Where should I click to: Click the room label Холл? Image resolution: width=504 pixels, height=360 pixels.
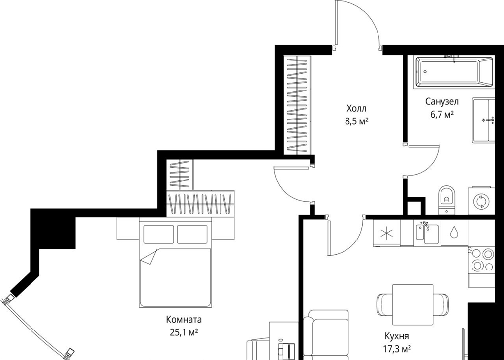click(x=356, y=109)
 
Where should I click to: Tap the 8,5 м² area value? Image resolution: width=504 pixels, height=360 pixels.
click(x=356, y=121)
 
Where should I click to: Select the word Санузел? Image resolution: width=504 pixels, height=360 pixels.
click(x=442, y=101)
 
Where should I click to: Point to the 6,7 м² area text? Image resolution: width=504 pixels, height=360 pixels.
click(x=442, y=114)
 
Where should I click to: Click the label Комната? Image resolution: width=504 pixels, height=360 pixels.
click(x=184, y=320)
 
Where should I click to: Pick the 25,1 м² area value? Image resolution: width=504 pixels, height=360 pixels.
click(x=184, y=332)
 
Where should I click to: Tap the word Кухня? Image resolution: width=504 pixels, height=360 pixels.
click(x=397, y=336)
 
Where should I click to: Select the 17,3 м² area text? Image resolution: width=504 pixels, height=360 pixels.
click(x=397, y=349)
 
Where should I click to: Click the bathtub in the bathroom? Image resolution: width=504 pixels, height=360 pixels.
click(x=454, y=72)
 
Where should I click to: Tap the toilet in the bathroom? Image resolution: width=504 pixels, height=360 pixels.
click(x=447, y=200)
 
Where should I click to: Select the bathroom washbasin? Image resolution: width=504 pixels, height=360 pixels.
click(x=484, y=120)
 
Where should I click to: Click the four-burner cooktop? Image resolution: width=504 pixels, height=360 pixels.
click(x=481, y=260)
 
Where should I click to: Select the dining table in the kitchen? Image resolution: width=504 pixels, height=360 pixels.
click(x=413, y=304)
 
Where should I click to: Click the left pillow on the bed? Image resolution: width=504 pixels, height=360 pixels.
click(x=158, y=235)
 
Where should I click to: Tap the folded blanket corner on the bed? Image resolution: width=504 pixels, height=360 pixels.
click(x=149, y=257)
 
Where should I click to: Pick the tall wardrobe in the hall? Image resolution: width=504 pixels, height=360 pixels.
click(x=298, y=105)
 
